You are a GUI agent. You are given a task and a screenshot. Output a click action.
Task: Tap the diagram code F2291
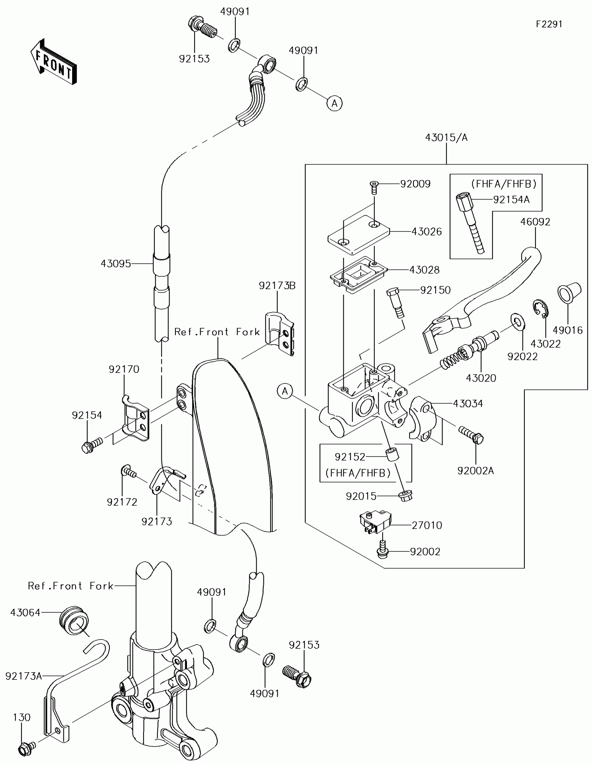pyautogui.click(x=549, y=24)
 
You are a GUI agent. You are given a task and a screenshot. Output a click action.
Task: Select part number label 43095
pyautogui.click(x=116, y=264)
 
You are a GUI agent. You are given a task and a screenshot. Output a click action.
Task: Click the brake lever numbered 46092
pyautogui.click(x=483, y=301)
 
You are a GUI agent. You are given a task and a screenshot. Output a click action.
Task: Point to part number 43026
pyautogui.click(x=426, y=232)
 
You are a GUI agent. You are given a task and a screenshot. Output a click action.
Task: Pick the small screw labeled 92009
pyautogui.click(x=374, y=188)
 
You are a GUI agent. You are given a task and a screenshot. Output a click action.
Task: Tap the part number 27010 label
pyautogui.click(x=426, y=525)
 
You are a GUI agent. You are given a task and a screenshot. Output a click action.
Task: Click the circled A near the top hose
pyautogui.click(x=335, y=104)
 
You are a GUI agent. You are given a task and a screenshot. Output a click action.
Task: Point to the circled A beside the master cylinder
pyautogui.click(x=285, y=391)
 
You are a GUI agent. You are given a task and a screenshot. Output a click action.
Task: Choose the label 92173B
pyautogui.click(x=277, y=286)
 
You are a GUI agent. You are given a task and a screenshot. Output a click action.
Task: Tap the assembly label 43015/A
pyautogui.click(x=446, y=137)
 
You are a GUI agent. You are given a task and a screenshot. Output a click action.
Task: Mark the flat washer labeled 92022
pyautogui.click(x=517, y=322)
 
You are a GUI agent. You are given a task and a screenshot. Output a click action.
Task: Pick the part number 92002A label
pyautogui.click(x=475, y=471)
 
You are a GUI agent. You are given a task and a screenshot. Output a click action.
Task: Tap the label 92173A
pyautogui.click(x=23, y=676)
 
